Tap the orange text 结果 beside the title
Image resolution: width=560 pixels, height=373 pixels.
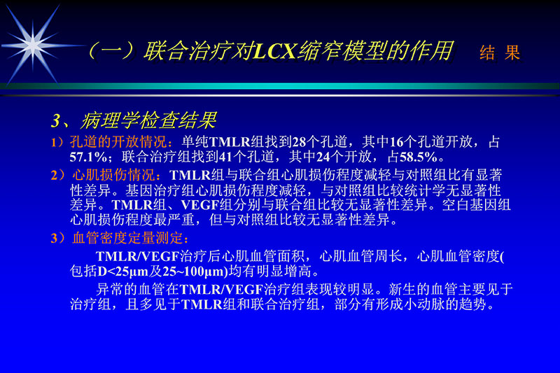[x=500, y=53]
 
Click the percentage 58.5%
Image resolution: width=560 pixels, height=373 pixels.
[x=417, y=155]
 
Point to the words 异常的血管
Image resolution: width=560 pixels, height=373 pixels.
[x=129, y=289]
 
